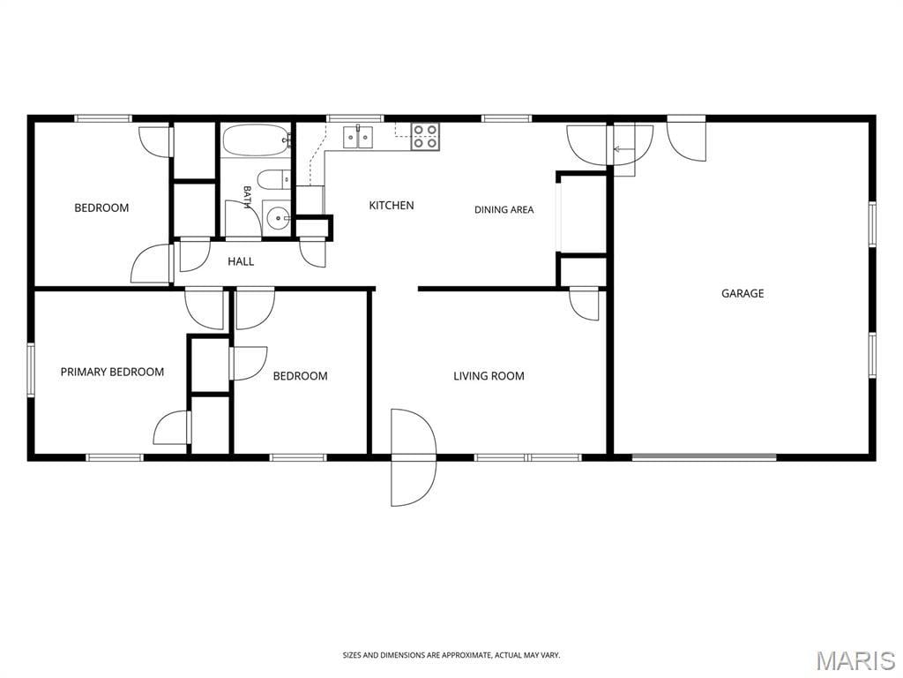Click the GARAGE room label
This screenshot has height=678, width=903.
[743, 293]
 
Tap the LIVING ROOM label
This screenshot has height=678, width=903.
[489, 376]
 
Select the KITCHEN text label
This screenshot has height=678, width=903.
[391, 205]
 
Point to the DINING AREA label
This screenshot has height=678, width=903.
[504, 210]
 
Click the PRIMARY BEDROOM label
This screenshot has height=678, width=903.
[112, 373]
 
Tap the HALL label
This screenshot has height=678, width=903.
[241, 261]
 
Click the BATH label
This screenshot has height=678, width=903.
[247, 197]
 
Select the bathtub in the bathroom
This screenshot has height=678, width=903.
[257, 140]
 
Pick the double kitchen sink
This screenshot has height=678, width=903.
[358, 138]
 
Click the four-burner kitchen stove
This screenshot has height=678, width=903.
[426, 137]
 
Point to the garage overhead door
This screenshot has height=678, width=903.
[704, 458]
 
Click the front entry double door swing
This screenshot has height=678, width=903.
[413, 458]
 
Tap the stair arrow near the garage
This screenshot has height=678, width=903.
[623, 149]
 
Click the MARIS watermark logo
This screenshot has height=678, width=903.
[855, 660]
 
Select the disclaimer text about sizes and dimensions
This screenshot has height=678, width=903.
[451, 655]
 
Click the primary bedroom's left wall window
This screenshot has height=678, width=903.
[31, 370]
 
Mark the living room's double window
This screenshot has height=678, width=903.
[528, 458]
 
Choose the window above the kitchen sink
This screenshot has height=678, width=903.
[354, 119]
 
